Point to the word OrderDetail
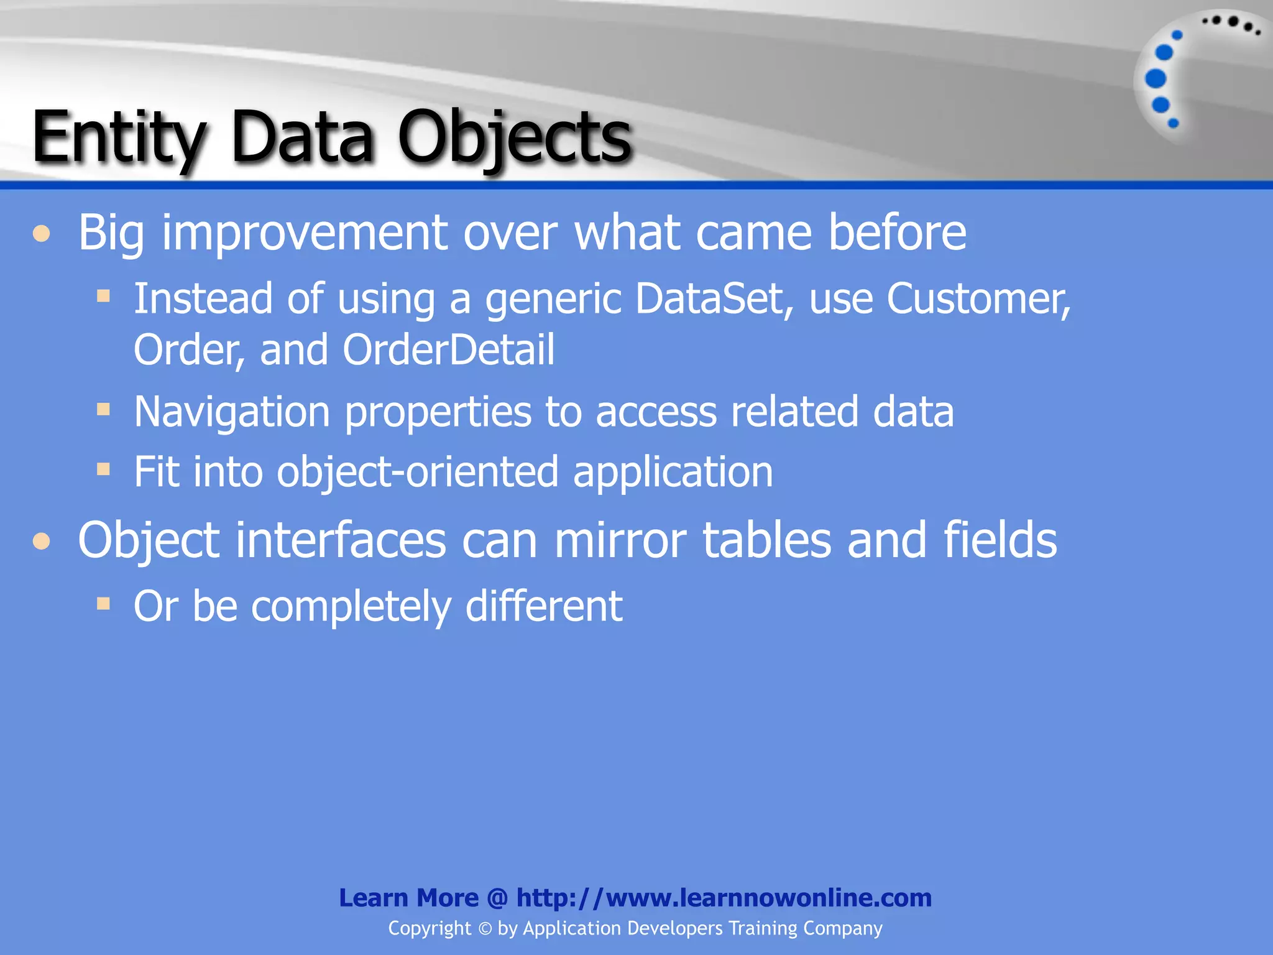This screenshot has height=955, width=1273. [448, 349]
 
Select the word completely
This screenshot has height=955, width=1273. [351, 606]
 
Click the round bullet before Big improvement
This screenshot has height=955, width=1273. [42, 234]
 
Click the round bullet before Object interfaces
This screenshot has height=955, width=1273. [42, 541]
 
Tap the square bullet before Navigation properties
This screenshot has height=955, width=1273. [104, 409]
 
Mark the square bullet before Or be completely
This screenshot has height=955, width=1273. [104, 603]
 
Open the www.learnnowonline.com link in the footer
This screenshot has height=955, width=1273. [724, 898]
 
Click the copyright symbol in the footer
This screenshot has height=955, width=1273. [485, 929]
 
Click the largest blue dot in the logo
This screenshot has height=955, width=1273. [1156, 78]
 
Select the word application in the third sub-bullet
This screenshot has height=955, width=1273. [673, 471]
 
